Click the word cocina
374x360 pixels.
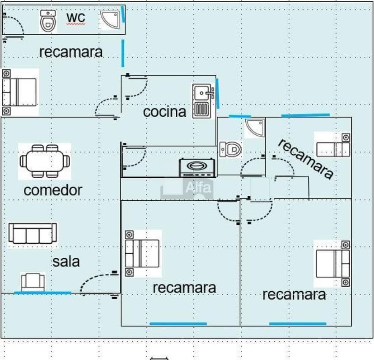click(164, 112)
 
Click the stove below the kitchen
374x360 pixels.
click(196, 167)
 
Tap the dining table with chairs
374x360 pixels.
click(45, 161)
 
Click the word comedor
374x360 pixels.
click(53, 190)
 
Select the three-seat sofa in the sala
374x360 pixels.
click(33, 234)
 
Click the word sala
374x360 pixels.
click(66, 261)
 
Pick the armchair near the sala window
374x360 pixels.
click(33, 282)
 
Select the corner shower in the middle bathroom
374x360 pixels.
click(255, 128)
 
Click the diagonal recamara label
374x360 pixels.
click(306, 158)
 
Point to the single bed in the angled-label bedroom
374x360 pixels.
click(332, 144)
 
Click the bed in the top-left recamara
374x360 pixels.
click(19, 92)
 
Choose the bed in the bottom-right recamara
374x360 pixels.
click(333, 263)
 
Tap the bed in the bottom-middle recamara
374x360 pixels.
click(142, 253)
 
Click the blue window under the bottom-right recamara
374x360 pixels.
click(298, 323)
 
